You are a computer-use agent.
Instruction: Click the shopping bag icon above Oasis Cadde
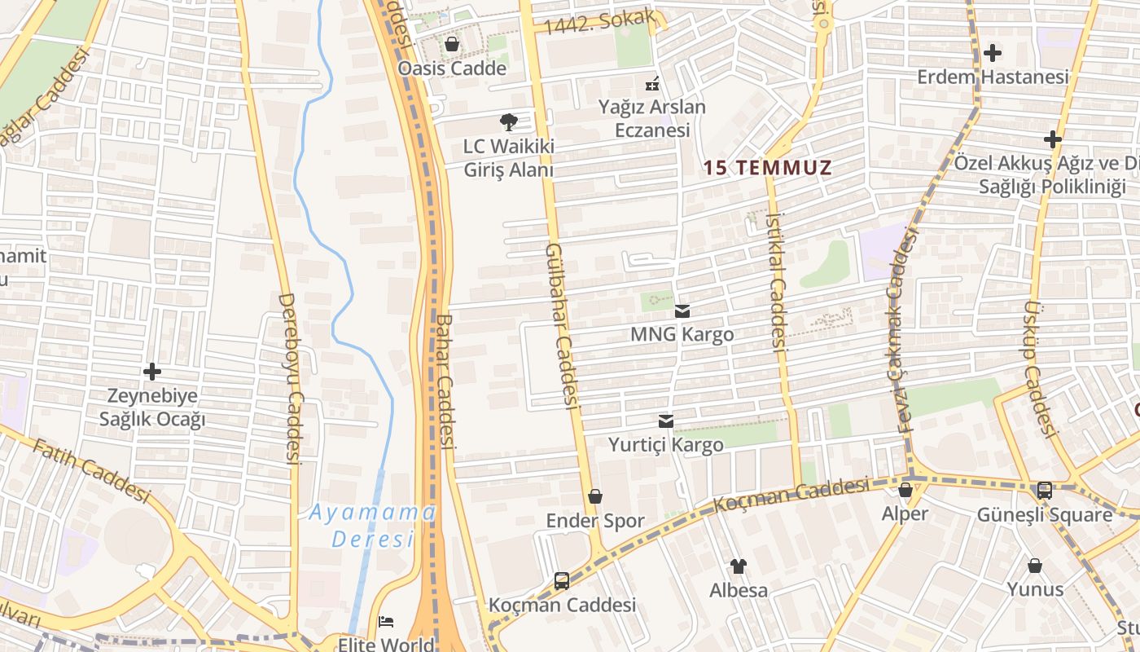coord(452,44)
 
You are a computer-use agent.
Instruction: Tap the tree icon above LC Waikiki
coord(509,123)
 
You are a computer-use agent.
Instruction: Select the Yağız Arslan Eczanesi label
coord(652,118)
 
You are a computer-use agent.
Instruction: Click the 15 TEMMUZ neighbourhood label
coord(767,169)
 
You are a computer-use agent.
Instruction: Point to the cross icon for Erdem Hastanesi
coord(992,54)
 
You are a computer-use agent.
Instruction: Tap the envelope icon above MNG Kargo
coord(682,311)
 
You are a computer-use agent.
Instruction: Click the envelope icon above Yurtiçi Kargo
coord(666,421)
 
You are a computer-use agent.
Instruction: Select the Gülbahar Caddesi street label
coord(562,326)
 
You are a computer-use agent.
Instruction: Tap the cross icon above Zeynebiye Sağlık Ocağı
coord(152,372)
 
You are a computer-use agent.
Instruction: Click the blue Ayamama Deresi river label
coord(373,526)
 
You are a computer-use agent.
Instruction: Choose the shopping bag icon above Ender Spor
coord(595,496)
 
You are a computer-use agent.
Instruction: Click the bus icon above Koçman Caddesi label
coord(562,581)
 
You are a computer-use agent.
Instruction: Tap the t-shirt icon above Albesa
coord(739,566)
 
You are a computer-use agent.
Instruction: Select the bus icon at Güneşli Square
coord(1045,491)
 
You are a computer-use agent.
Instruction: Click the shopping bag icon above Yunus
coord(1035,566)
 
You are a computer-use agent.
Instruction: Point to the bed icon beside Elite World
coord(387,623)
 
